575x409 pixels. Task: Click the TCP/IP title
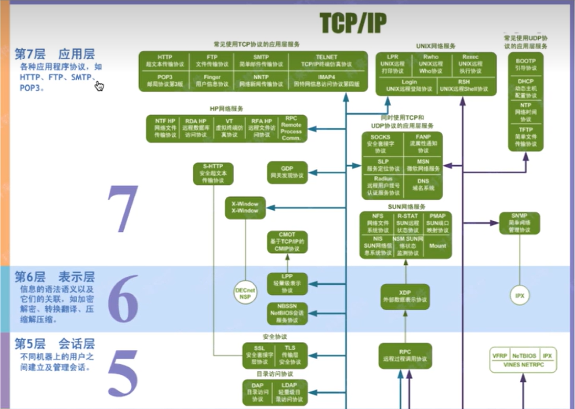click(x=353, y=23)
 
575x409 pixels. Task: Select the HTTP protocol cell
click(x=164, y=60)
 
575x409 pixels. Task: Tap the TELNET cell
click(x=326, y=60)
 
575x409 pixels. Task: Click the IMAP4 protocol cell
click(x=326, y=80)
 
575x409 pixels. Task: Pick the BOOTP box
click(x=526, y=64)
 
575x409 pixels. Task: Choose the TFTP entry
click(x=526, y=136)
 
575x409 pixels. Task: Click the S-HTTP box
click(x=213, y=173)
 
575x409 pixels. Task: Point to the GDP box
click(x=287, y=171)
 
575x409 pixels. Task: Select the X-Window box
click(x=245, y=207)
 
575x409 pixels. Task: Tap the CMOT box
click(x=287, y=242)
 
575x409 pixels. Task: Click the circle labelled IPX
click(x=519, y=295)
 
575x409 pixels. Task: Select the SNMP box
click(x=519, y=223)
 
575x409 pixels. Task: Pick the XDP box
click(x=405, y=296)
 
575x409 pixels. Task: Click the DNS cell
click(x=423, y=185)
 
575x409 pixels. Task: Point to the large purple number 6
click(x=122, y=299)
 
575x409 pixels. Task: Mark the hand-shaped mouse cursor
click(x=99, y=85)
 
